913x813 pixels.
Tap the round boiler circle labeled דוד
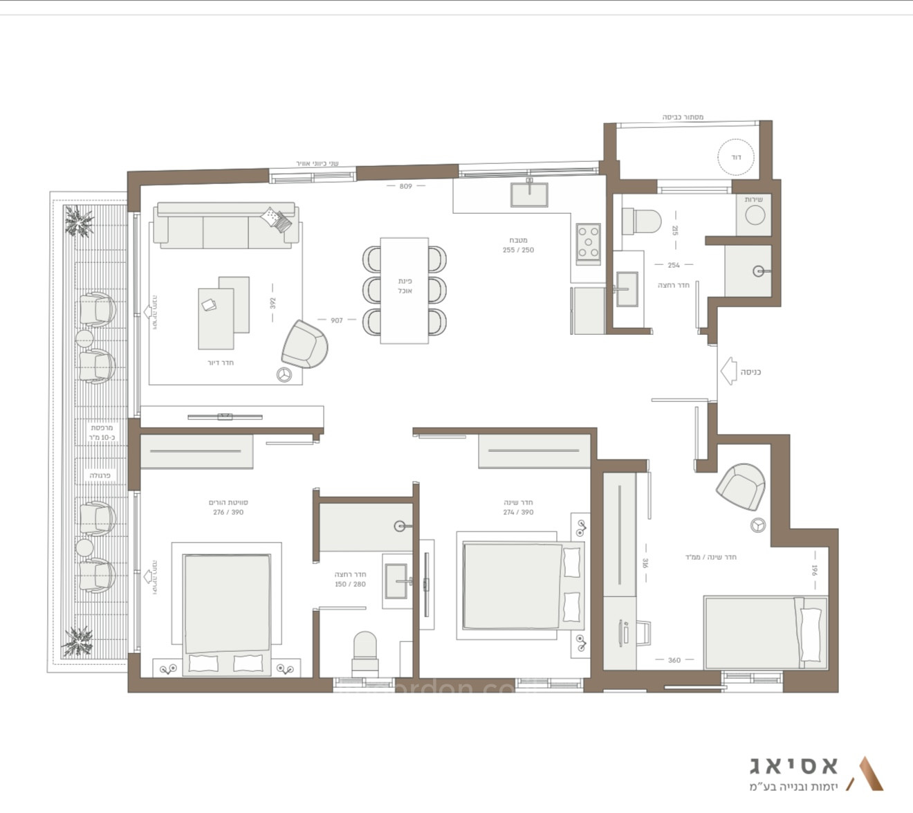[x=736, y=158]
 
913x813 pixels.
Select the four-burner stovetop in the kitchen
[x=589, y=243]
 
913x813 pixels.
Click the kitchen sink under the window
[x=529, y=194]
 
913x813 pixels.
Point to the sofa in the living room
[x=227, y=226]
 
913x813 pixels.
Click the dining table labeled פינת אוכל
[x=404, y=290]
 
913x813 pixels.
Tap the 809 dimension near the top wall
[x=405, y=186]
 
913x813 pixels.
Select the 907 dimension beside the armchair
[x=337, y=320]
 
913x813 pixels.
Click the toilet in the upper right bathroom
[x=641, y=221]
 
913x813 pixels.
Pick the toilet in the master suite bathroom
[x=365, y=652]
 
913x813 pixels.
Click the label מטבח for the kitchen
[x=519, y=240]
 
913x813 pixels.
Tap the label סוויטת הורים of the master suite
[x=228, y=502]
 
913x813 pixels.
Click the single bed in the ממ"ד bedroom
[x=765, y=632]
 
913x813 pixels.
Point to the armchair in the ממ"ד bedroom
[x=740, y=486]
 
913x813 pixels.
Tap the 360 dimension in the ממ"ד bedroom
[x=674, y=660]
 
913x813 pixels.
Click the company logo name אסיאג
[x=793, y=765]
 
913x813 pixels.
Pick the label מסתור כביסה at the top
[x=683, y=118]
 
